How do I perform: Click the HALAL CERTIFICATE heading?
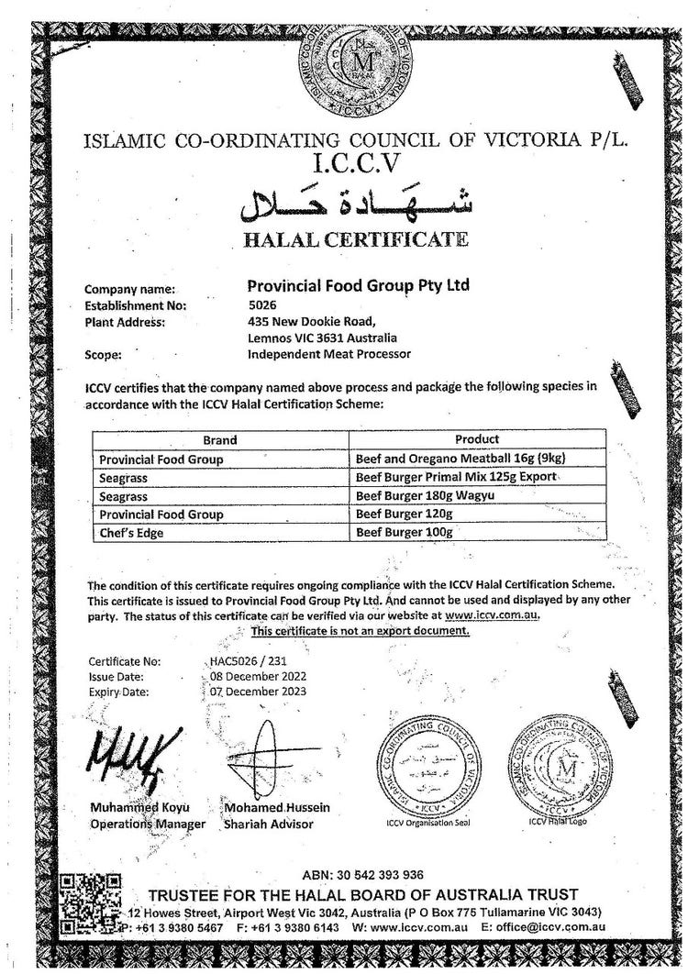(355, 240)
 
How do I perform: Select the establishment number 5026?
(261, 304)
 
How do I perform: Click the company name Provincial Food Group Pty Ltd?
(359, 285)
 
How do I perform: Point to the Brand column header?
(220, 440)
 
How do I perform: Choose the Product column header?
(477, 440)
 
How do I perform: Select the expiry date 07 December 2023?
(259, 691)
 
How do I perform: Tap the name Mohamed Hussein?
(278, 808)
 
